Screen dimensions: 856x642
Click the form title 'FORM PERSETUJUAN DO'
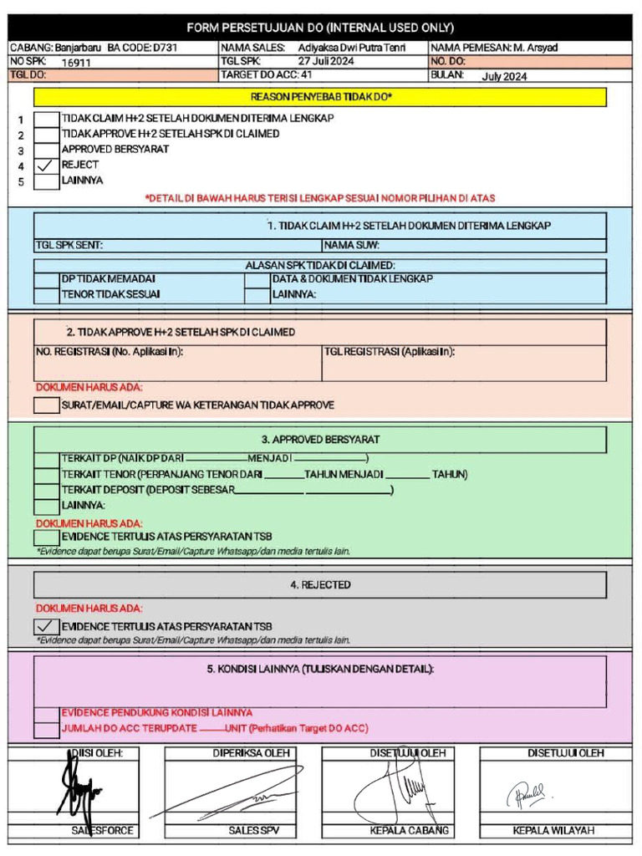(x=320, y=28)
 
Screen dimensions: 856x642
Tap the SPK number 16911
(x=76, y=62)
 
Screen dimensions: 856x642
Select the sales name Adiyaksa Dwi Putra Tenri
(x=351, y=48)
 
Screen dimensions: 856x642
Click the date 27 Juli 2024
(x=326, y=62)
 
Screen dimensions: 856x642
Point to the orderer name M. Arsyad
(x=535, y=48)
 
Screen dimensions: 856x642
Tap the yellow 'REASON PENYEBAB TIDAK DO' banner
(x=320, y=98)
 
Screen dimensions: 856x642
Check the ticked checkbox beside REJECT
(x=46, y=166)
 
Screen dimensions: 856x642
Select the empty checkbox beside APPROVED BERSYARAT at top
(x=46, y=150)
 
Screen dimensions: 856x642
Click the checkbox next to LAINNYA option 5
(x=46, y=181)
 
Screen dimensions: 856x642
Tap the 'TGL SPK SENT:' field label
(x=69, y=246)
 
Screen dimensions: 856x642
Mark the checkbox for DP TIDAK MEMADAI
(x=46, y=279)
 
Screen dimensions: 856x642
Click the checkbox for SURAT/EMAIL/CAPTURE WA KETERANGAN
(x=46, y=405)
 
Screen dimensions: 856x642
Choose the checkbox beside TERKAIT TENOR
(x=46, y=475)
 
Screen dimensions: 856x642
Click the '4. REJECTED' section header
(x=320, y=585)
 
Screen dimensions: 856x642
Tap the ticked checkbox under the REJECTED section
(x=46, y=626)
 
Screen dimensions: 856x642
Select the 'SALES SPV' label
(x=254, y=831)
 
